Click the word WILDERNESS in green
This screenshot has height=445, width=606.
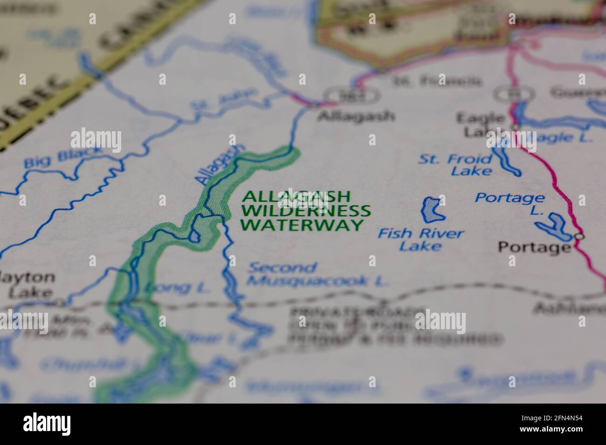(x=306, y=211)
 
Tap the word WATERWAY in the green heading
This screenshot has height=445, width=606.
(x=301, y=225)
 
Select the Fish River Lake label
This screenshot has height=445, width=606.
(x=420, y=239)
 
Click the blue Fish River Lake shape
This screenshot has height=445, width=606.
(x=432, y=209)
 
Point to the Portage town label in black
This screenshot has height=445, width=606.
(x=534, y=247)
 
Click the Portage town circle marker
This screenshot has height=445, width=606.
(x=579, y=236)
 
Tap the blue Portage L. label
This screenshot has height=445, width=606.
(x=510, y=203)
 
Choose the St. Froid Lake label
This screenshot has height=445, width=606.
(x=455, y=165)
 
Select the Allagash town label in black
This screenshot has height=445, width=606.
(x=356, y=116)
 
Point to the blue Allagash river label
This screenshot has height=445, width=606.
(x=219, y=164)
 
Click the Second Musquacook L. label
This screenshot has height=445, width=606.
(x=317, y=275)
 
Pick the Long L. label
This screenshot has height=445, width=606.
(x=176, y=288)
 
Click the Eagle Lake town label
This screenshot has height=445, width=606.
(x=480, y=125)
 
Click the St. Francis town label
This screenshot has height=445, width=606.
(x=437, y=81)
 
